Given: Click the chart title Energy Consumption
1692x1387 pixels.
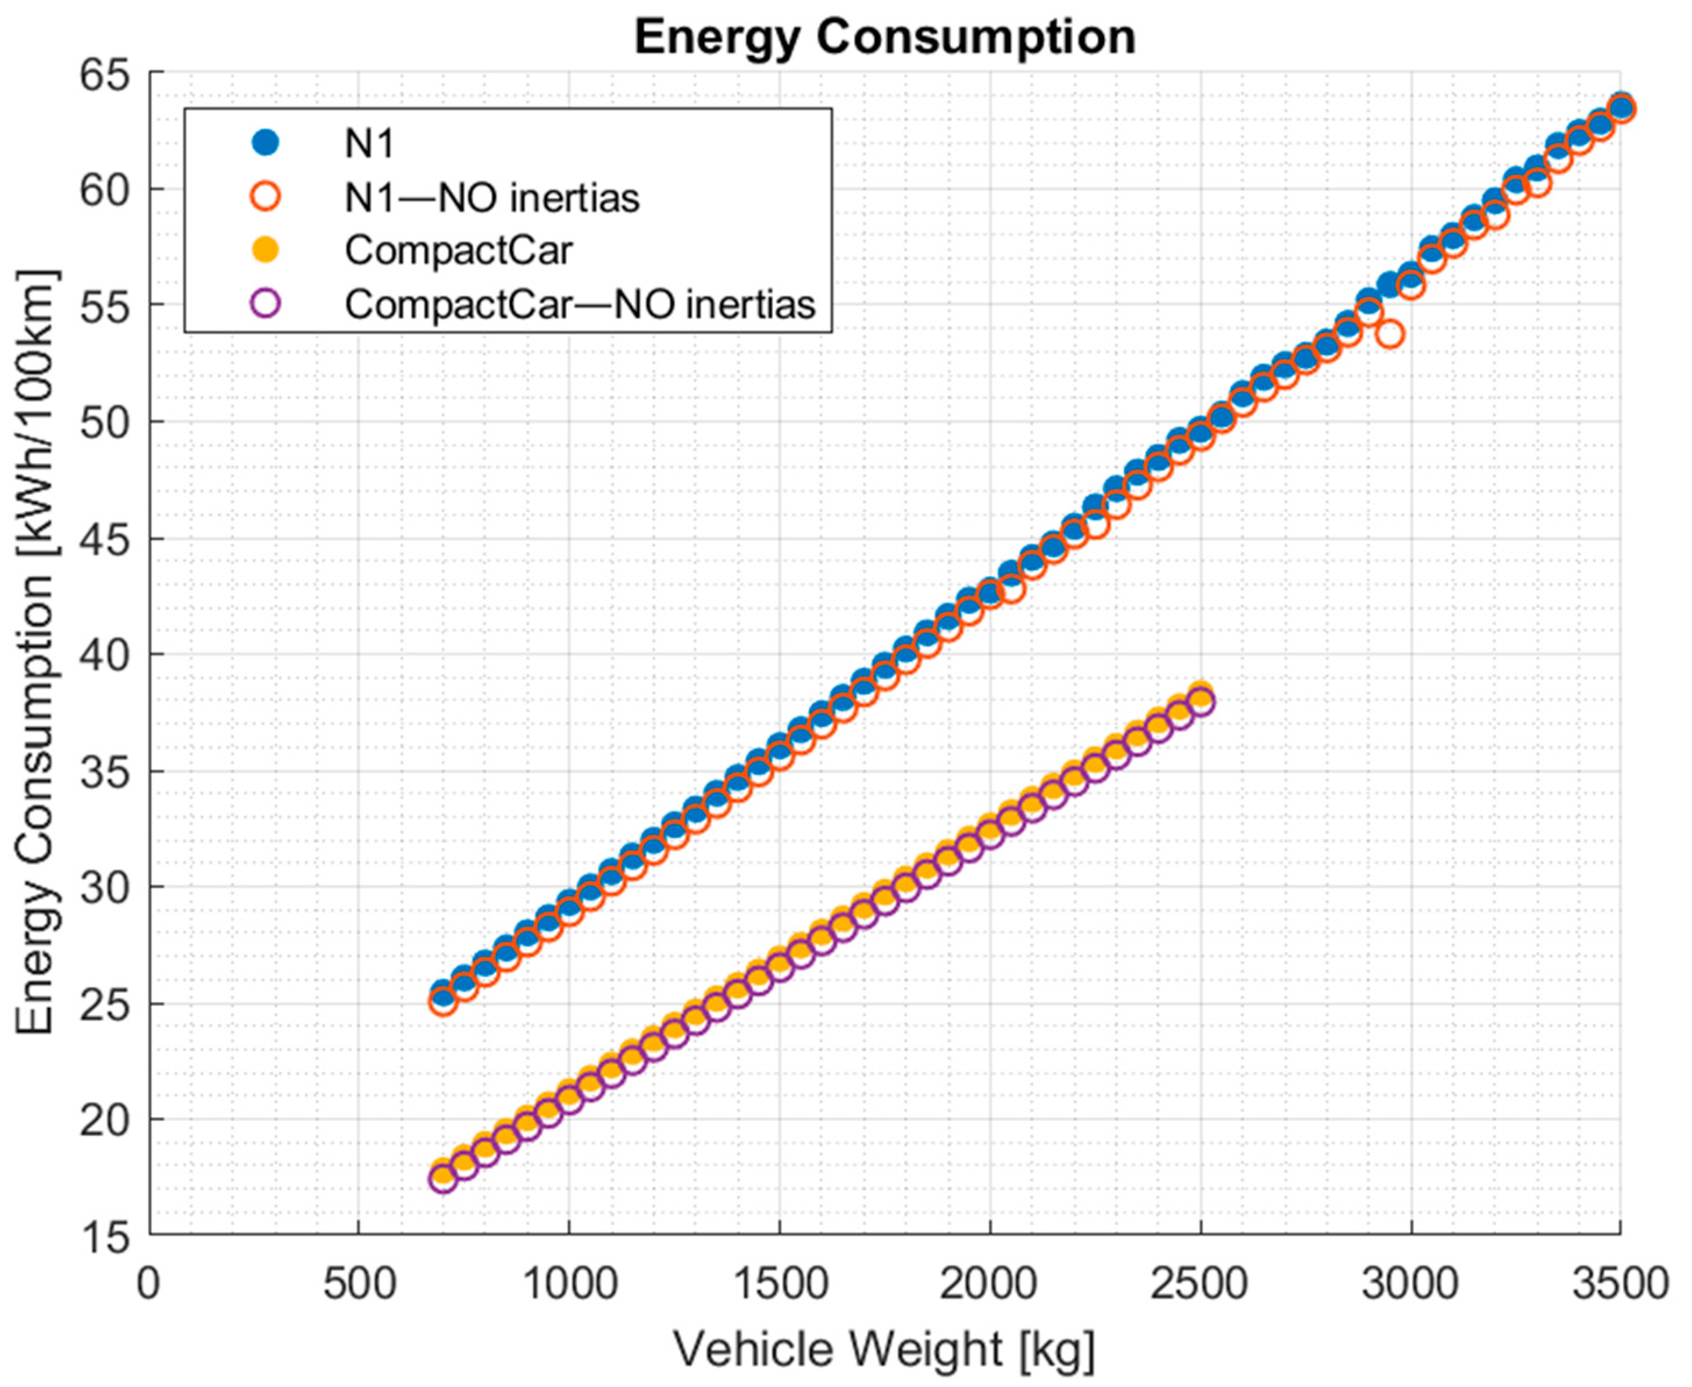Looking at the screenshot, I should [x=885, y=38].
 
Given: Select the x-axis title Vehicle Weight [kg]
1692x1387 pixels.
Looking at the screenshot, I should [x=885, y=1350].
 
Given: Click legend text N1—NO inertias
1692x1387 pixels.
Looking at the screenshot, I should [x=491, y=197].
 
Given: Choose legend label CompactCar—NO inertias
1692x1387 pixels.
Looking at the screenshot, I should [x=580, y=305].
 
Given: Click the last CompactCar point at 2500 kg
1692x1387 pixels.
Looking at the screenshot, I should [x=1201, y=700].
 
